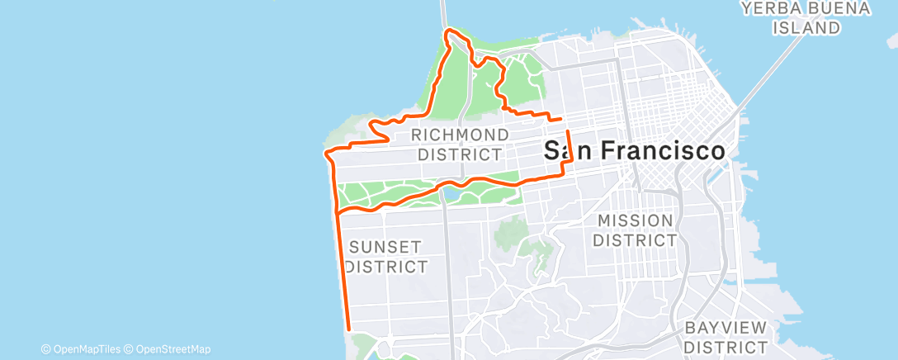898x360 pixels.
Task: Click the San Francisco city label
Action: point(635,150)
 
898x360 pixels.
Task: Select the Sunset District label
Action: point(386,256)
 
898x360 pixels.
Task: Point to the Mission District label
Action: point(636,230)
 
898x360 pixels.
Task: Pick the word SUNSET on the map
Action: point(386,246)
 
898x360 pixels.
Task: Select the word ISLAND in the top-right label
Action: point(807,27)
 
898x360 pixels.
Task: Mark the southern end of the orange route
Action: point(349,329)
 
